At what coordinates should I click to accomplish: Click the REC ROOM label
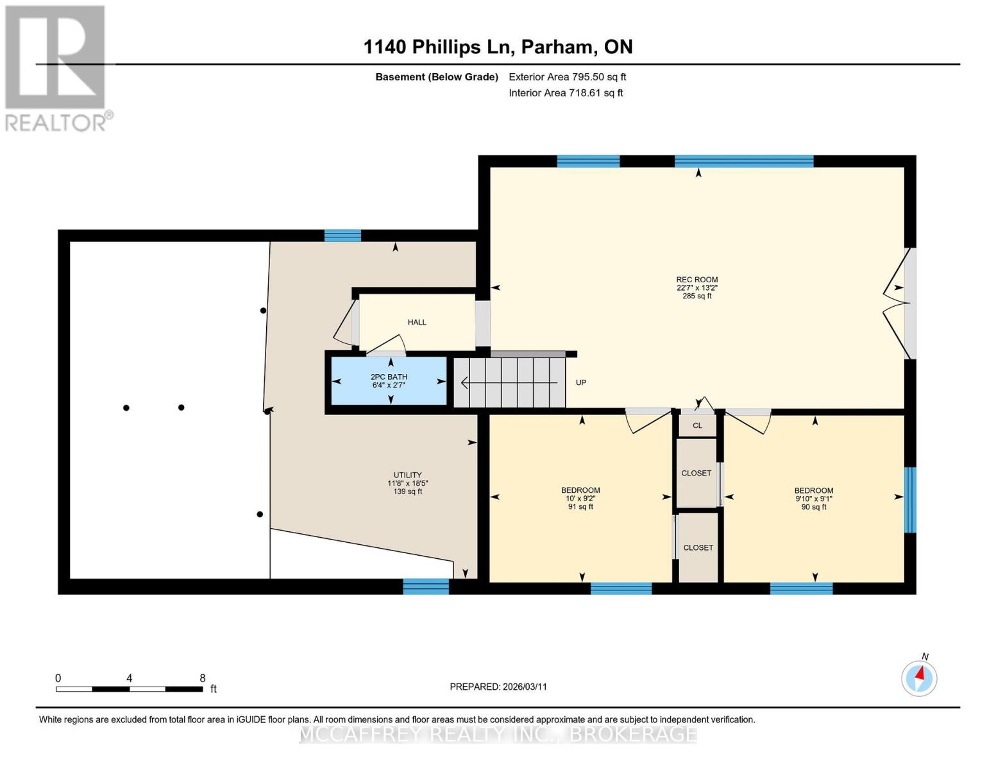click(696, 279)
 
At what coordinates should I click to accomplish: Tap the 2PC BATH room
click(389, 381)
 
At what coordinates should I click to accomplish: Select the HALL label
click(417, 322)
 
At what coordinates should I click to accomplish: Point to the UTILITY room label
click(407, 475)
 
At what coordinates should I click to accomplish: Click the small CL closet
click(697, 425)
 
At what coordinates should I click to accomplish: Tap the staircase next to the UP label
click(509, 382)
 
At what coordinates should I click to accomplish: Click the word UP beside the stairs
click(580, 382)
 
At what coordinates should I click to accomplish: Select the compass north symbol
click(919, 678)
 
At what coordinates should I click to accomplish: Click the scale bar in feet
click(130, 689)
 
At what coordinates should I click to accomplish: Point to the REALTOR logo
click(57, 69)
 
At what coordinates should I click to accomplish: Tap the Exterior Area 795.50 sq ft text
click(568, 77)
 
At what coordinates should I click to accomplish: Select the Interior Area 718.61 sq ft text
click(566, 93)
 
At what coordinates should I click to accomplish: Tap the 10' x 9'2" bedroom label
click(580, 498)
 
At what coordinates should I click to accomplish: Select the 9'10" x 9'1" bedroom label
click(814, 499)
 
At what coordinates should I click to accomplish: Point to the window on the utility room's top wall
click(342, 235)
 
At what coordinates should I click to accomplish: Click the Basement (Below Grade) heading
click(437, 77)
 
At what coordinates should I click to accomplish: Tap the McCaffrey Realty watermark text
click(498, 734)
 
